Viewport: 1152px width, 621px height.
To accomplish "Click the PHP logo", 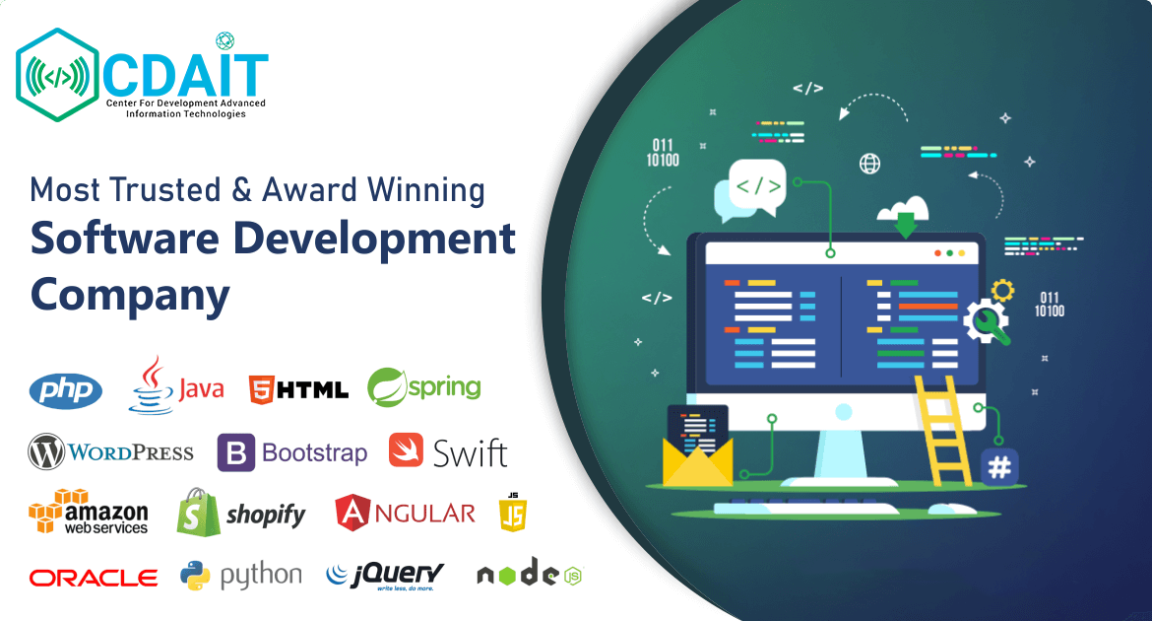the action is pos(65,390).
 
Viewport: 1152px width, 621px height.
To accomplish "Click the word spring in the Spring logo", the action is pos(444,387).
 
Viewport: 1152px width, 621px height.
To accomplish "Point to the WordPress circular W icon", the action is pos(46,451).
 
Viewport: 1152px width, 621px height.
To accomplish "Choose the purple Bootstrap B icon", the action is pos(236,452).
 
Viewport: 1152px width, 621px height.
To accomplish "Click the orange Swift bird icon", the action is pos(407,450).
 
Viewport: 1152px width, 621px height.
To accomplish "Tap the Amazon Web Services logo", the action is pos(89,512).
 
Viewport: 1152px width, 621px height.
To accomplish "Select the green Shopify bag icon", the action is pos(198,513).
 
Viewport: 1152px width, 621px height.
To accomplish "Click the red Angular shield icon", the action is pos(352,513).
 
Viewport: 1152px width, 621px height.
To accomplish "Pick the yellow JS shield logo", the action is pos(513,513).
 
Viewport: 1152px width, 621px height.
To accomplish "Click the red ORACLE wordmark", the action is pos(94,579).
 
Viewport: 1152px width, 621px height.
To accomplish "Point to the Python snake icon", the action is pos(195,576).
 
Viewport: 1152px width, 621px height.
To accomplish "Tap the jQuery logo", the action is pos(385,576).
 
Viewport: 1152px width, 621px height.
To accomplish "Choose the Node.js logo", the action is pos(530,573).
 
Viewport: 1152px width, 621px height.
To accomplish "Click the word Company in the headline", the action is pos(130,295).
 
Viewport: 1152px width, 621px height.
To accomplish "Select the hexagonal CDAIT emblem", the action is pos(57,75).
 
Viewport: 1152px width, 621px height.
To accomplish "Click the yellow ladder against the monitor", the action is pos(942,431).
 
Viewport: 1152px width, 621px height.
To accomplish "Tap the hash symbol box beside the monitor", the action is pos(999,466).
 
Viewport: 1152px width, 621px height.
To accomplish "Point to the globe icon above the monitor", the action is pos(869,164).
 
